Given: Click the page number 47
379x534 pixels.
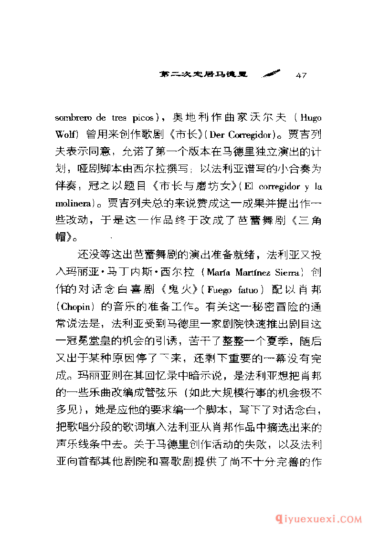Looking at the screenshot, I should coord(301,75).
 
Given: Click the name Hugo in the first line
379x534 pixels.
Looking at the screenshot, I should coord(312,118).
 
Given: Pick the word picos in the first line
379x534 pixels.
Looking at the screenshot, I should coord(142,118).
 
